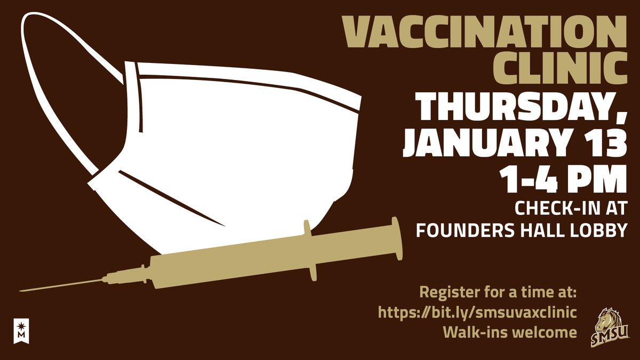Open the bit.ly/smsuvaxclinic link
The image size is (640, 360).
(x=478, y=312)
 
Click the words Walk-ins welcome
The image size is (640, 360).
(x=510, y=332)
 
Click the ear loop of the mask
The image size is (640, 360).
(x=53, y=80)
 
